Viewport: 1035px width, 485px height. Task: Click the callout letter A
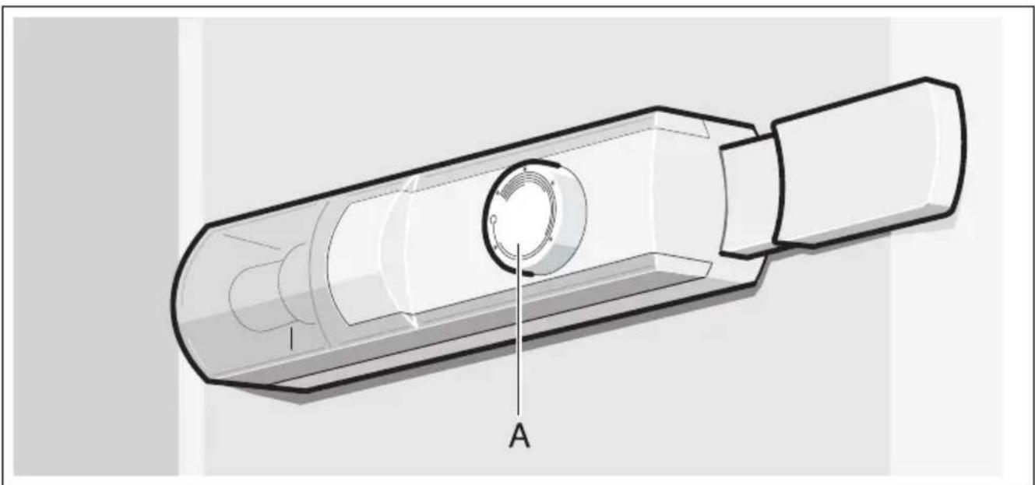[519, 436]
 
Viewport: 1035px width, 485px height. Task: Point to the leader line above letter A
[519, 329]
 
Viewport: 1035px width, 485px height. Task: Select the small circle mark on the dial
[493, 220]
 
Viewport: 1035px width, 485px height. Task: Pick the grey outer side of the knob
[566, 231]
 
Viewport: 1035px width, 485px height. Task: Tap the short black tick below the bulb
[291, 339]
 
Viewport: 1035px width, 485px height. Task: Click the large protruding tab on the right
[868, 162]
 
